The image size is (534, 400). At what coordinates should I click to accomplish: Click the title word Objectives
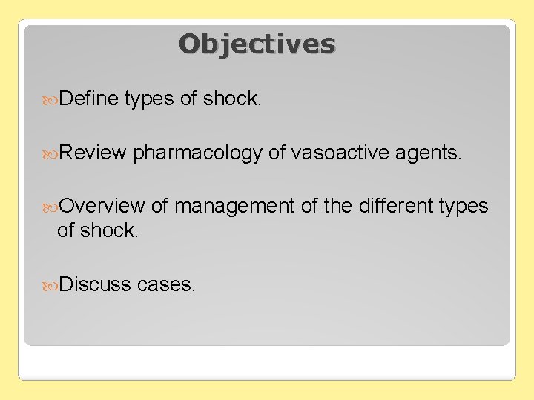pyautogui.click(x=257, y=44)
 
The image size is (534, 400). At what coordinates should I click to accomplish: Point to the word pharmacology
pyautogui.click(x=198, y=153)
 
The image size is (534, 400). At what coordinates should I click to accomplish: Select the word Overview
pyautogui.click(x=101, y=207)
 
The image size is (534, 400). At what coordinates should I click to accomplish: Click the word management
pyautogui.click(x=234, y=207)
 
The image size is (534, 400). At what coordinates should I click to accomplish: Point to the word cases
pyautogui.click(x=167, y=284)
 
